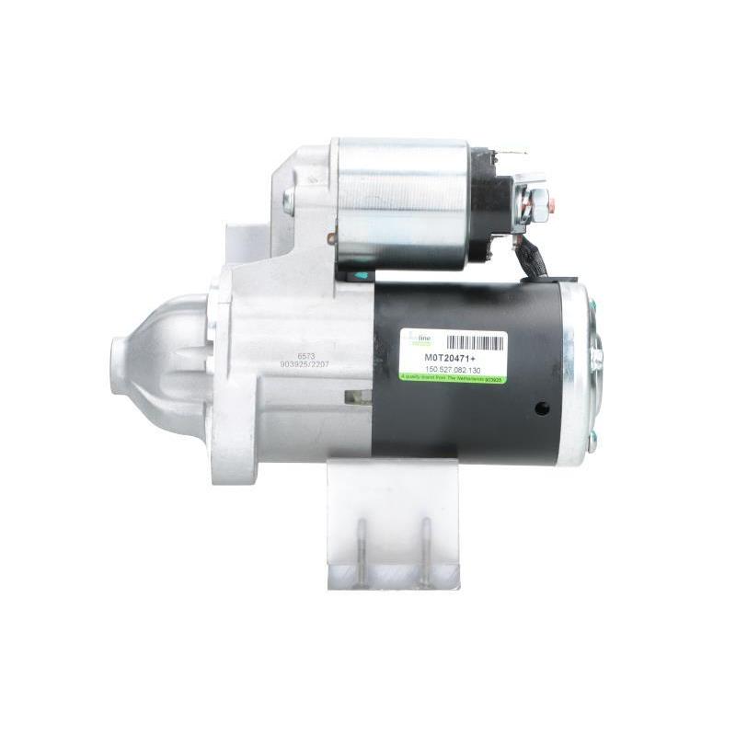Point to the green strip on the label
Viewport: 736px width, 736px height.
pos(451,378)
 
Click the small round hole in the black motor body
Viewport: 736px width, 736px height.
pos(542,408)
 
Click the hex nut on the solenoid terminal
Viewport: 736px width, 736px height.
pos(538,198)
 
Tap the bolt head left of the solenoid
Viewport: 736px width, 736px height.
pos(289,201)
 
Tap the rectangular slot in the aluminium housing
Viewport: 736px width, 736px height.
pos(357,397)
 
